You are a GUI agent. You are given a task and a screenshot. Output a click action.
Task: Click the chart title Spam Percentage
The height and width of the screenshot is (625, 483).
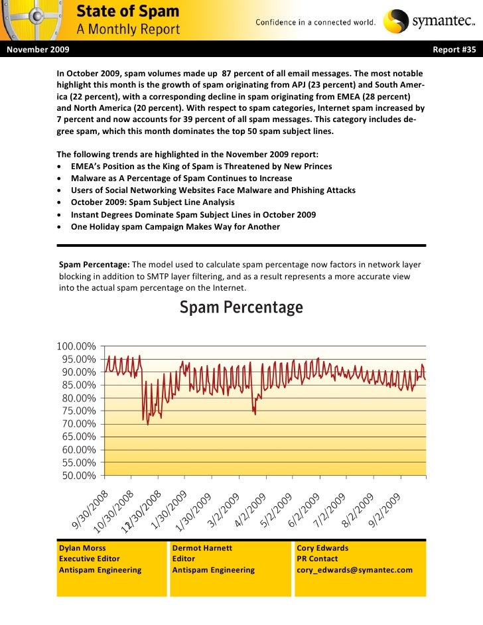[x=241, y=309]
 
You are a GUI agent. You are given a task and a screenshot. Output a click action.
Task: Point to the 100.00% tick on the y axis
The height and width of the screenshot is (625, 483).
[x=76, y=346]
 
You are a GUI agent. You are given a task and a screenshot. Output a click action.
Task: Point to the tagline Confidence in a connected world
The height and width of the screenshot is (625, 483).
[x=316, y=23]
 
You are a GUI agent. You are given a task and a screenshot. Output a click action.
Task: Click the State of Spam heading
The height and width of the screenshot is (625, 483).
[x=128, y=11]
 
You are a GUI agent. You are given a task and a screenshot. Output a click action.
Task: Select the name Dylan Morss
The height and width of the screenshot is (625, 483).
[x=82, y=549]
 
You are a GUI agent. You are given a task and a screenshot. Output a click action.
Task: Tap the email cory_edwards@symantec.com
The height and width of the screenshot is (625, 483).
[x=354, y=570]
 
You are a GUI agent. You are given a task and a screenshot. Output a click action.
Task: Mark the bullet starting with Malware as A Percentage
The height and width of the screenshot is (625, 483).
[x=181, y=178]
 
